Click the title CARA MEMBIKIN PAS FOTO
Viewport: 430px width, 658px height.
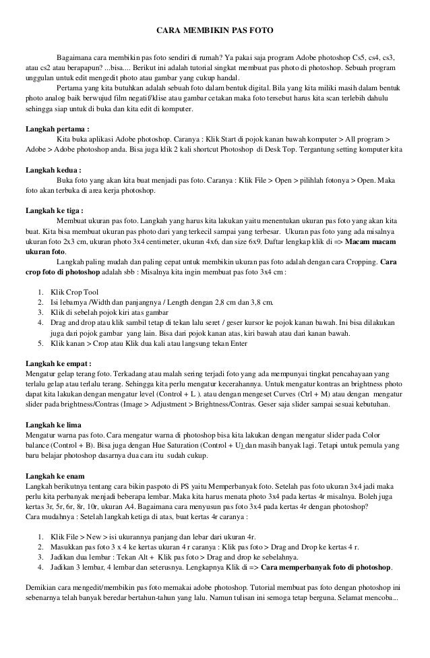coord(214,30)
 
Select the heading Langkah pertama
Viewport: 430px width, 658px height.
coord(58,128)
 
